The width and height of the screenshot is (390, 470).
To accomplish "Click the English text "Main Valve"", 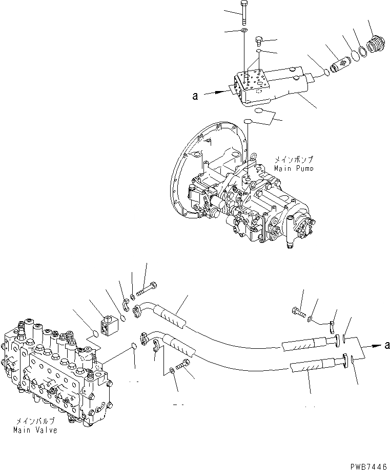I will pyautogui.click(x=35, y=430).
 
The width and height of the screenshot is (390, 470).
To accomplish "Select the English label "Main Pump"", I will pyautogui.click(x=294, y=168).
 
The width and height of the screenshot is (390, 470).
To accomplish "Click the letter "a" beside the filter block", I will pyautogui.click(x=195, y=95).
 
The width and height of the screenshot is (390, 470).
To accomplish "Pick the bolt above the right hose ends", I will pyautogui.click(x=299, y=310).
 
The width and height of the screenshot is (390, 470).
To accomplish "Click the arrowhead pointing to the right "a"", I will pyautogui.click(x=373, y=347).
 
